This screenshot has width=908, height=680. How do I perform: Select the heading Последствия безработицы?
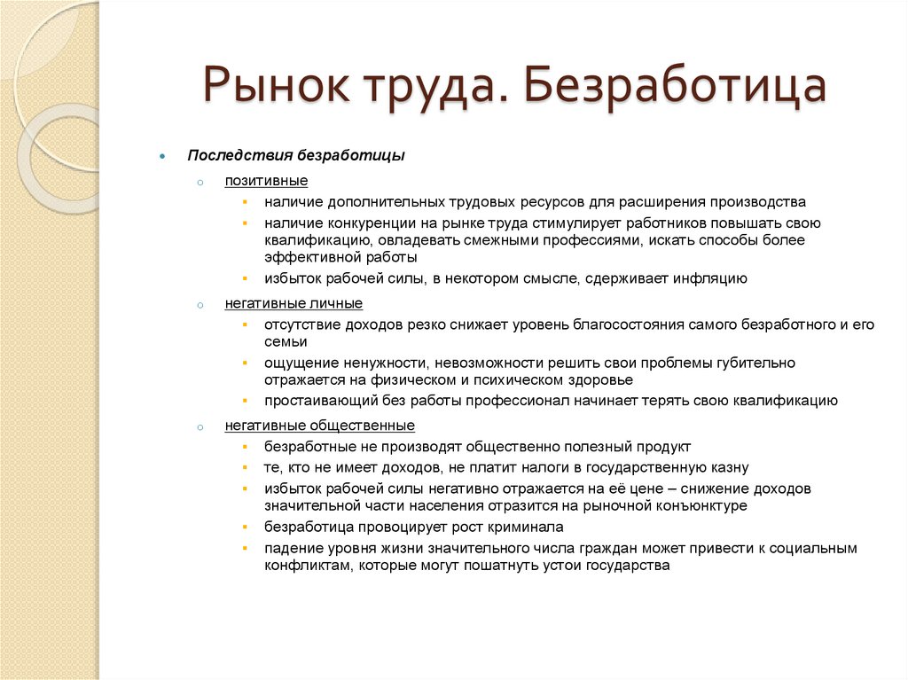click(295, 155)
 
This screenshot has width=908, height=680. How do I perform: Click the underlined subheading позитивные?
click(266, 181)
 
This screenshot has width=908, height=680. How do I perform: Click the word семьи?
click(286, 341)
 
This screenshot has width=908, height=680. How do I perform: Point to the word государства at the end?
click(628, 565)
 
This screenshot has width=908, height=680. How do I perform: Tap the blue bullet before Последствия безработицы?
click(162, 156)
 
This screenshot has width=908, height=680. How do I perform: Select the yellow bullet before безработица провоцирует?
click(245, 527)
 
